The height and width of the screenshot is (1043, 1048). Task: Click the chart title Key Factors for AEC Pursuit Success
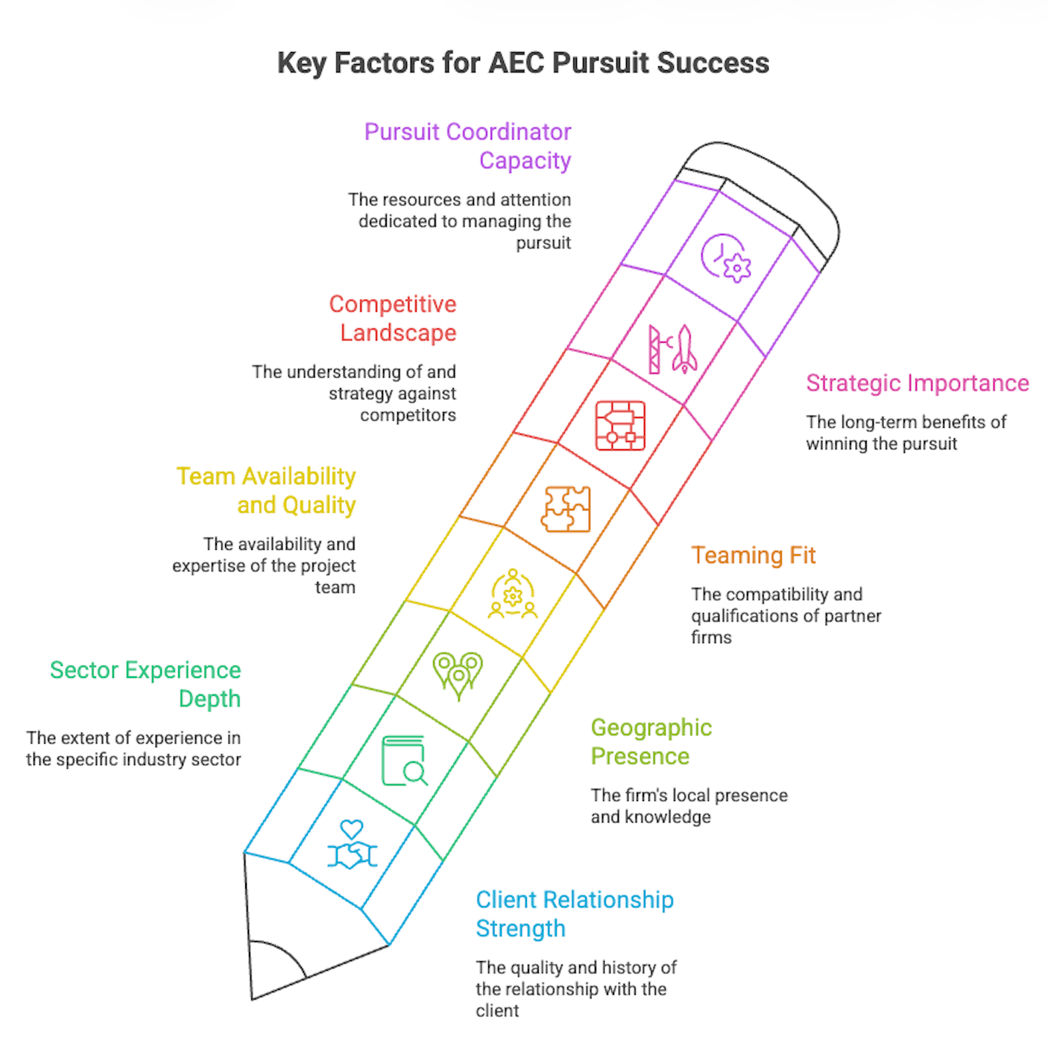[x=523, y=63]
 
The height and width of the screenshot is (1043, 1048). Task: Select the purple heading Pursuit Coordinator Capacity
[x=467, y=146]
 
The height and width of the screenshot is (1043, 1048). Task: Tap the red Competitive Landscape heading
[x=393, y=318]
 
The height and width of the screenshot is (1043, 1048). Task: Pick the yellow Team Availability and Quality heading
[x=266, y=490]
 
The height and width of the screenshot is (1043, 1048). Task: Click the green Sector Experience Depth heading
[x=145, y=684]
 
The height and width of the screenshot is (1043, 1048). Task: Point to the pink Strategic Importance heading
[x=918, y=383]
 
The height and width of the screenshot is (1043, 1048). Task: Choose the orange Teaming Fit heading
[x=754, y=555]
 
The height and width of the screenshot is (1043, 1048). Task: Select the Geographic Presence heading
[x=651, y=742]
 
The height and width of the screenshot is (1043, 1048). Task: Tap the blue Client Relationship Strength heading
[x=575, y=914]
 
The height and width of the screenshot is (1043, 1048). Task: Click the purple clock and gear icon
[x=726, y=258]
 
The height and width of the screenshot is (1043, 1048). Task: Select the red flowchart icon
[x=620, y=426]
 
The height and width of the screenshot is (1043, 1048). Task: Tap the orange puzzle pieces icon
[x=566, y=508]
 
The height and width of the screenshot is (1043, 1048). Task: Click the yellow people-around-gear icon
[x=513, y=594]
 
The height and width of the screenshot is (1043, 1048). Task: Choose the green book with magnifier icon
[x=405, y=761]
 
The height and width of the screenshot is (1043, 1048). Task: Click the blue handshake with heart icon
[x=352, y=845]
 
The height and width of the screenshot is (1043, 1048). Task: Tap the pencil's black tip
[x=272, y=971]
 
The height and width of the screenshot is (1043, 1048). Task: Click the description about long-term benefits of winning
[x=906, y=433]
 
